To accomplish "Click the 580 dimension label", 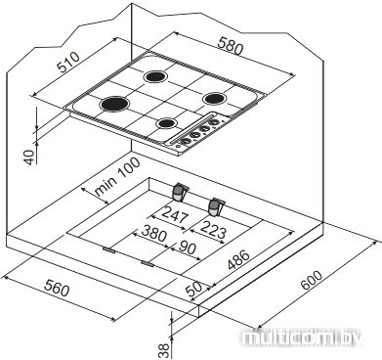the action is pos(231,46).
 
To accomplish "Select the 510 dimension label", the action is pos(68,62).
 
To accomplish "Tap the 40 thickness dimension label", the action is pos(30,157).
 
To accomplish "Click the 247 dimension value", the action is pos(175,214).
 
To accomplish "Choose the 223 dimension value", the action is pos(213,229).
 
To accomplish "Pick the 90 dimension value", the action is pos(188,247).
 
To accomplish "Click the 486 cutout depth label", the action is pos(238,260).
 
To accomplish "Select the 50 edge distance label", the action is pos(193,288).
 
